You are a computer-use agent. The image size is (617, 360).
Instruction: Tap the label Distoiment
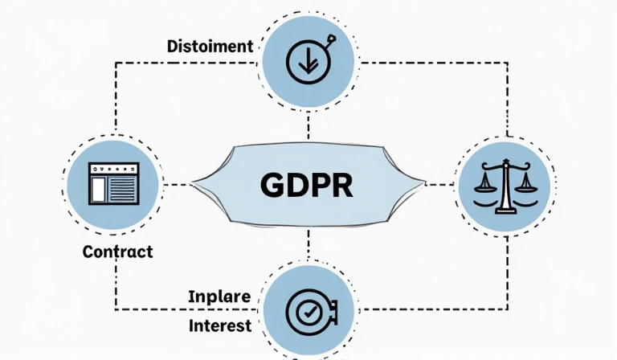tap(209, 46)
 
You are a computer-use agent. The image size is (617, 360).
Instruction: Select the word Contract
tap(117, 252)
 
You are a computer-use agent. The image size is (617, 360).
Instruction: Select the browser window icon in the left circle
tap(113, 183)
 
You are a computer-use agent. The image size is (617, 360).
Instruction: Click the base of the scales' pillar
tap(505, 210)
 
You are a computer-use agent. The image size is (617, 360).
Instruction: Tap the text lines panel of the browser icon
tap(123, 190)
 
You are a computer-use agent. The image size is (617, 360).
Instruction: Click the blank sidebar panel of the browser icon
tap(99, 190)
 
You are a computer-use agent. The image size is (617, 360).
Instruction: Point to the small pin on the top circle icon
tap(330, 39)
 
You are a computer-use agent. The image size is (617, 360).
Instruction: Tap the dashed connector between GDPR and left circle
tap(178, 185)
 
